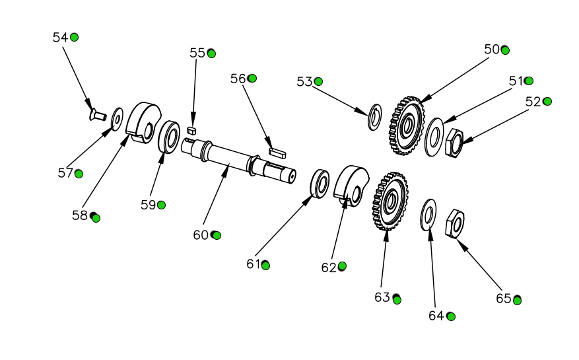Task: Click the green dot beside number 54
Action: coord(75,37)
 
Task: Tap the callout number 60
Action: coord(201,235)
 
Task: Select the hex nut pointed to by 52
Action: coord(454,143)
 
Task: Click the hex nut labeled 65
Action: coord(455,224)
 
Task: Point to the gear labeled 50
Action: coord(405,125)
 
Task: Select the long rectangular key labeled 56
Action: coord(275,151)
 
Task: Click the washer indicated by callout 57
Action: coord(118,118)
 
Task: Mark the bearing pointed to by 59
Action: coord(170,136)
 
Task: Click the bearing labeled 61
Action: coord(320,184)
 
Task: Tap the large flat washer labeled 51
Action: coord(434,136)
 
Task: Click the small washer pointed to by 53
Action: coord(374,116)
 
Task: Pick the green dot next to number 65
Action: coord(518,300)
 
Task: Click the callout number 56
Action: coord(238,79)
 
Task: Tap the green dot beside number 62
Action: coord(342,266)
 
